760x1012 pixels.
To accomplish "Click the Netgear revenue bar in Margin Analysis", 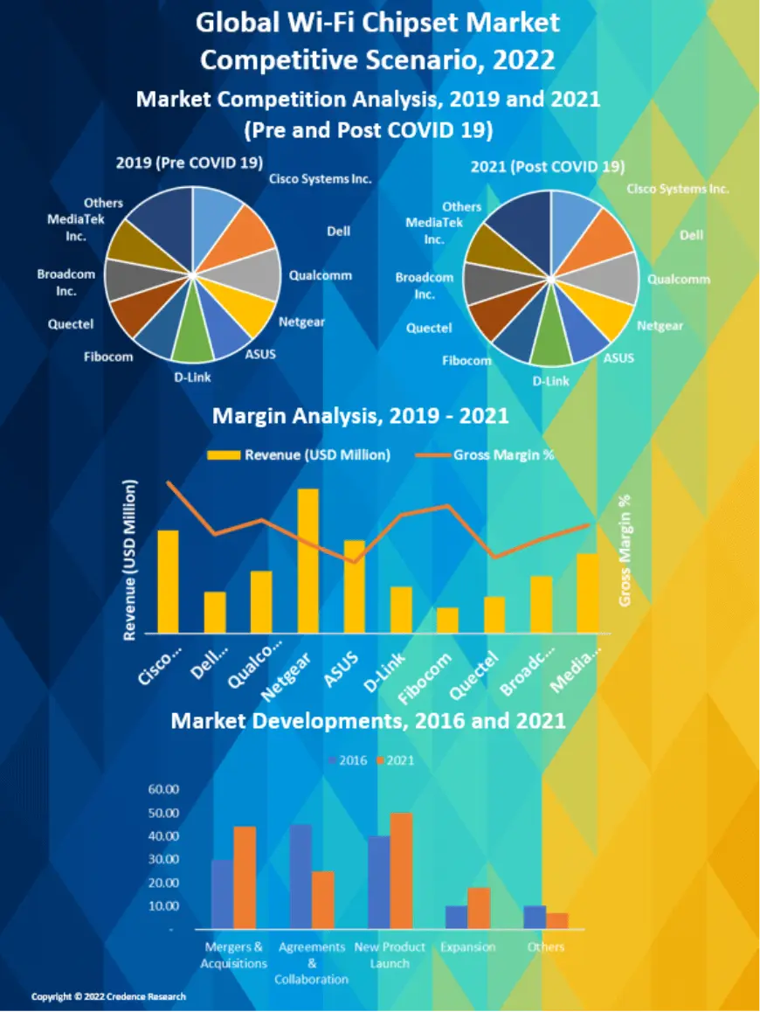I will point(308,561).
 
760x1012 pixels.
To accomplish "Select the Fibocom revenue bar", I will point(447,620).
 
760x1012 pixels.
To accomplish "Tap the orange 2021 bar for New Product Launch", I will point(401,870).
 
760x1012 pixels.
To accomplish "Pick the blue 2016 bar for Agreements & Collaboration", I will point(301,877).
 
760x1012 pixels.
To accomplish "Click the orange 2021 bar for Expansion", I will point(479,908).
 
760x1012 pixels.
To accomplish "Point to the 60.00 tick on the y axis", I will point(163,789).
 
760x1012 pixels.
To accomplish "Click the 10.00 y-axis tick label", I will point(163,905).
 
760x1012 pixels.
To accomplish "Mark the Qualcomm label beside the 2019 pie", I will point(321,275).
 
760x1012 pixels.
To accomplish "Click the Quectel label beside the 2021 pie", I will point(429,329).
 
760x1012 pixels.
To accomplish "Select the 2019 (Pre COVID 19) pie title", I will point(190,162).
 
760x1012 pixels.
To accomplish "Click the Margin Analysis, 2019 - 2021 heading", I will point(360,416).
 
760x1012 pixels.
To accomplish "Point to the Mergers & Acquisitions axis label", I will point(233,955).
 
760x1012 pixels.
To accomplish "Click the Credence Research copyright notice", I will point(108,996).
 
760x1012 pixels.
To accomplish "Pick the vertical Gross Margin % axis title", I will point(625,551).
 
